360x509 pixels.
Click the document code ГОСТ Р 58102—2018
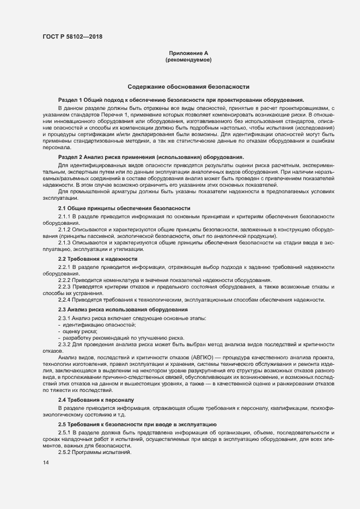click(x=71, y=36)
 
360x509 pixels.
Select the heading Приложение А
click(x=188, y=53)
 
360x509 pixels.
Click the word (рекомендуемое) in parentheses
click(x=188, y=59)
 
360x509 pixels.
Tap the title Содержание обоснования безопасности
click(x=188, y=87)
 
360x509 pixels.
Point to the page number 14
click(x=45, y=462)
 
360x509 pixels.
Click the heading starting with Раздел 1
click(x=181, y=100)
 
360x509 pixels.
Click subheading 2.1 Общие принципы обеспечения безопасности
click(x=124, y=208)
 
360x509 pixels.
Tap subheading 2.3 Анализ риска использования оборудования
click(x=123, y=309)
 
